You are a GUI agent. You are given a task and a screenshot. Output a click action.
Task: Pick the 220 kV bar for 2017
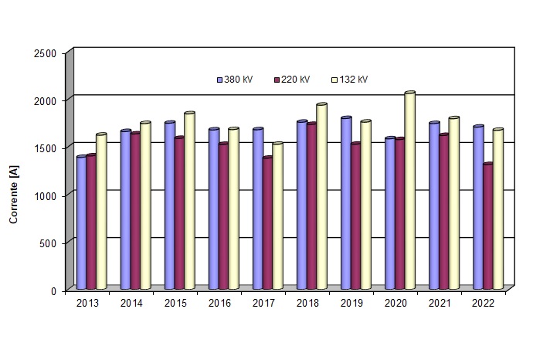pos(267,223)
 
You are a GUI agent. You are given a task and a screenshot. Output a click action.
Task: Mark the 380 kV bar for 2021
pos(434,205)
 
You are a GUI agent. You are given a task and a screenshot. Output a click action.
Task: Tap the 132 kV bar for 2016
pos(233,209)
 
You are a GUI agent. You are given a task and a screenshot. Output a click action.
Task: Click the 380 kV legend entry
pos(236,80)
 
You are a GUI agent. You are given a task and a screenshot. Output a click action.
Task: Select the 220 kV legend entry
pos(291,80)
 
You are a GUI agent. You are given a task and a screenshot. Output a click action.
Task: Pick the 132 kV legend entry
pos(349,80)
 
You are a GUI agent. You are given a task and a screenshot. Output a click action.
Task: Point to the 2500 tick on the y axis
pos(46,53)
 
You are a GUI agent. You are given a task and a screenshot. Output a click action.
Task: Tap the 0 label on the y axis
pos(53,290)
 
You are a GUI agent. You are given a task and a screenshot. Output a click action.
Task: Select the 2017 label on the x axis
pos(263,304)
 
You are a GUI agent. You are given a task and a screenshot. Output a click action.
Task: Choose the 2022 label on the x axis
pos(483,304)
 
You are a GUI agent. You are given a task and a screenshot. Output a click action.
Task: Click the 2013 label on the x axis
pos(87,304)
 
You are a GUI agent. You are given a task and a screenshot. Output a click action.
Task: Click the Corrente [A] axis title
pos(13,199)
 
